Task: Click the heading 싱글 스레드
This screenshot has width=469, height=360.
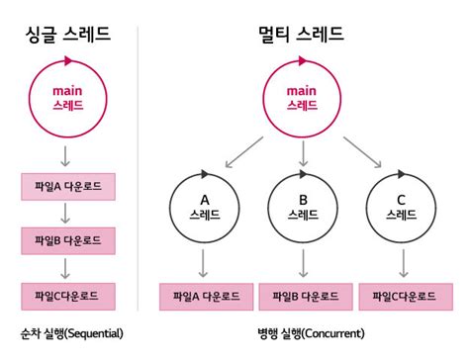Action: click(67, 36)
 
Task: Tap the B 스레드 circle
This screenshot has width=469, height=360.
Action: click(303, 205)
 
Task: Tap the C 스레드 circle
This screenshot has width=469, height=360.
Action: click(401, 205)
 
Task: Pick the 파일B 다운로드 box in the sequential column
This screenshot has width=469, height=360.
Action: click(68, 239)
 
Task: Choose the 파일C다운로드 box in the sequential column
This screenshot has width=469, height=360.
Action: click(68, 294)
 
